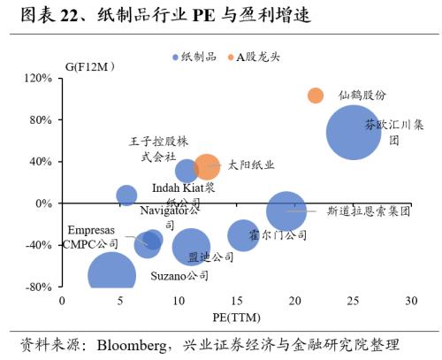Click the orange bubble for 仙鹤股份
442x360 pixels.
[316, 95]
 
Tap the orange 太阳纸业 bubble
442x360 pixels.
[207, 165]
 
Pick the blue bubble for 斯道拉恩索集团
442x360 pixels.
[286, 211]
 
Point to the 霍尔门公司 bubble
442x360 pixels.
[243, 235]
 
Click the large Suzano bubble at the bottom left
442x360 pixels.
[111, 276]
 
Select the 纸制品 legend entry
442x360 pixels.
[193, 57]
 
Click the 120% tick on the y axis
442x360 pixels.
[39, 78]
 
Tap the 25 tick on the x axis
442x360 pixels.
[354, 301]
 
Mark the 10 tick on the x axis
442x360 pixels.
[179, 301]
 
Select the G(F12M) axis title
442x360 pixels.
[89, 65]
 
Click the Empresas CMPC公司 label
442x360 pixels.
[90, 237]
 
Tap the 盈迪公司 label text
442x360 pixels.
[210, 257]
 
